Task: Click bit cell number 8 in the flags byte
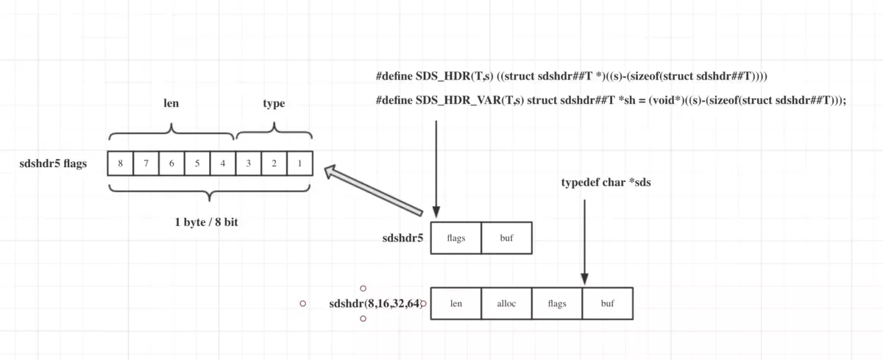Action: [120, 163]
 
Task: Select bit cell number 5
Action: [197, 163]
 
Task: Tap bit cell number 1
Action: [299, 163]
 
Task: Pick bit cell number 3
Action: [248, 163]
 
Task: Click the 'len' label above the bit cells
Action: [171, 104]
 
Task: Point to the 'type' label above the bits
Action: [274, 104]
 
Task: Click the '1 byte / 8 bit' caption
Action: [206, 221]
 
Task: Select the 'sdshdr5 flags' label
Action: [53, 163]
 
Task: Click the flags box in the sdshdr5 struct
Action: [455, 238]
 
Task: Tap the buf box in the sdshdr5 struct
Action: [506, 238]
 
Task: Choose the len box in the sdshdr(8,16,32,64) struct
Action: [455, 303]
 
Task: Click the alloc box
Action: [506, 303]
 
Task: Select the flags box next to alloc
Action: [557, 303]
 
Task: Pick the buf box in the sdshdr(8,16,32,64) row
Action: [607, 303]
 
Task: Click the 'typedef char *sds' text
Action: [606, 183]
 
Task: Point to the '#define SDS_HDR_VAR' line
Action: [611, 102]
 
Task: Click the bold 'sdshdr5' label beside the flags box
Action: [403, 238]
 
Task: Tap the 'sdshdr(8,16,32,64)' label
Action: [375, 303]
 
